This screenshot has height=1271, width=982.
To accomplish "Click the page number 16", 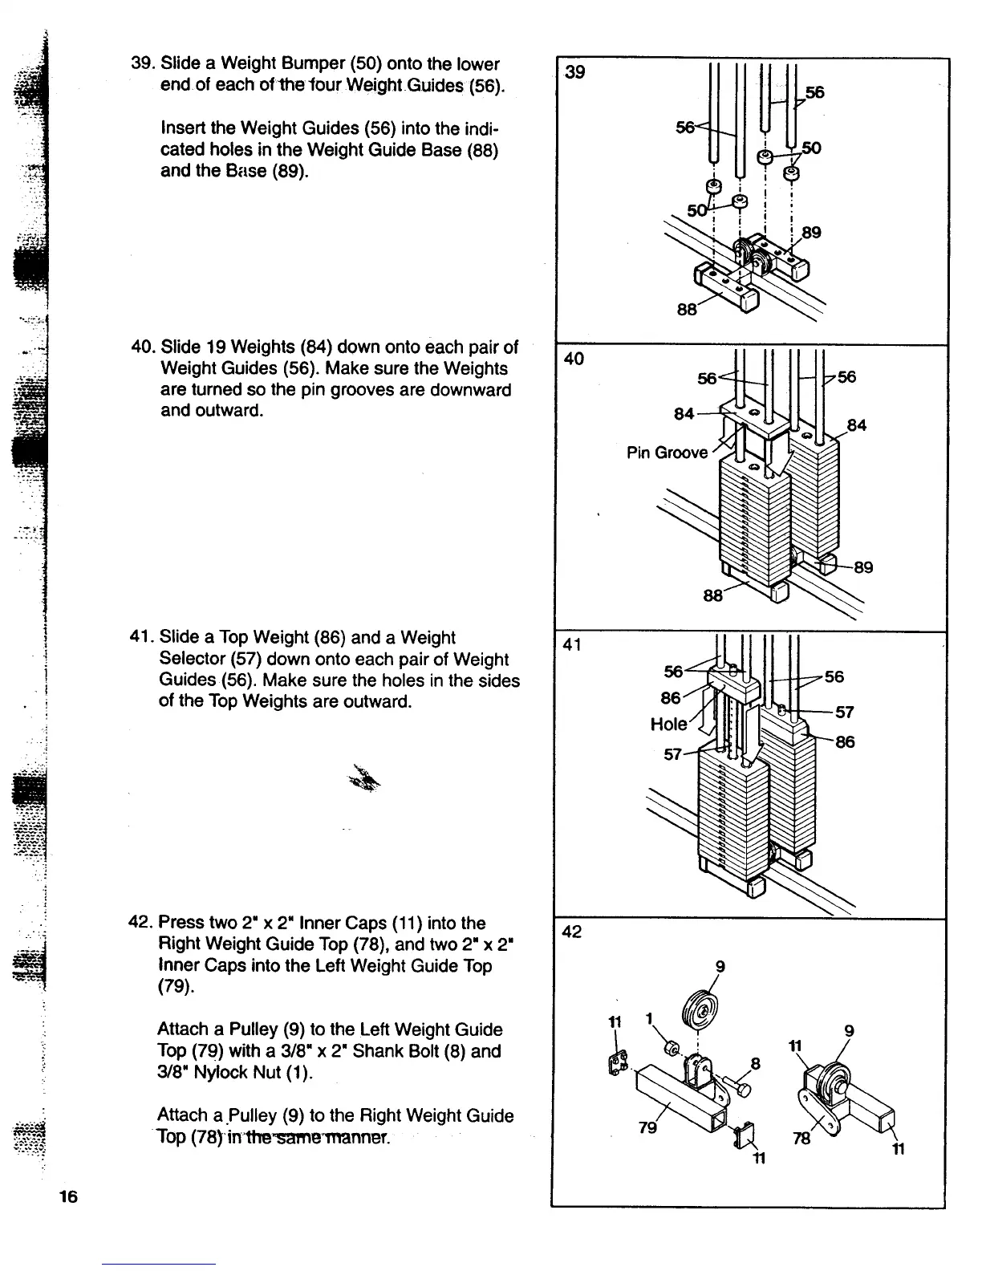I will (67, 1198).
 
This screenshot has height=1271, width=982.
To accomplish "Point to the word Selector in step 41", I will (193, 660).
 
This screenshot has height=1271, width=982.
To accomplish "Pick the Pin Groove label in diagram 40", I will (667, 453).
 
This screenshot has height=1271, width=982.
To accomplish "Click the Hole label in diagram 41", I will (668, 725).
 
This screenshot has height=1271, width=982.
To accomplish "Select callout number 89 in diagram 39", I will (811, 233).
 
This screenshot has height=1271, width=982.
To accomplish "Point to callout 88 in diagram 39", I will (687, 308).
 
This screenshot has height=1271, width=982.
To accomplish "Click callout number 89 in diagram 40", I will (863, 568).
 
